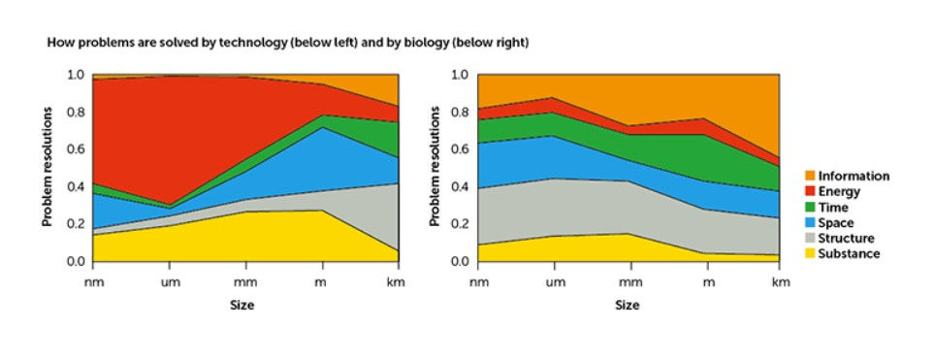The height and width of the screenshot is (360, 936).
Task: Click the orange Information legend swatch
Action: (810, 177)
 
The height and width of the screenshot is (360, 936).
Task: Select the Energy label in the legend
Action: (839, 191)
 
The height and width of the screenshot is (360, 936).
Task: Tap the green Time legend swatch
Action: (810, 207)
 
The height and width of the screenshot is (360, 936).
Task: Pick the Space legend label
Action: (836, 222)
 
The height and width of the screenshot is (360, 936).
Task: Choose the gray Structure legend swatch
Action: (810, 238)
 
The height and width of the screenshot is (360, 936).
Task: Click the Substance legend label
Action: (849, 253)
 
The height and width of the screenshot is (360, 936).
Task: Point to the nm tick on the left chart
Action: (93, 282)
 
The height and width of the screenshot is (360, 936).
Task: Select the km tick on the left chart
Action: (398, 282)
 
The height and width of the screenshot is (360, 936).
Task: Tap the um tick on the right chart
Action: (556, 282)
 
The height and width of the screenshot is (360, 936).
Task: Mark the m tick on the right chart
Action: (708, 282)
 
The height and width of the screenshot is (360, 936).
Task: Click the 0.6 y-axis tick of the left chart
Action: (76, 149)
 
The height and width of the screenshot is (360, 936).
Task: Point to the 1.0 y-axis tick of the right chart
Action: (462, 75)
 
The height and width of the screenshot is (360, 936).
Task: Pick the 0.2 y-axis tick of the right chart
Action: (462, 224)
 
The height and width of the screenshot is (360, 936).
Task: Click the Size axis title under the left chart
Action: (242, 305)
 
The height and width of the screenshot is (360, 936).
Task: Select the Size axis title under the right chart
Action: (628, 305)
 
